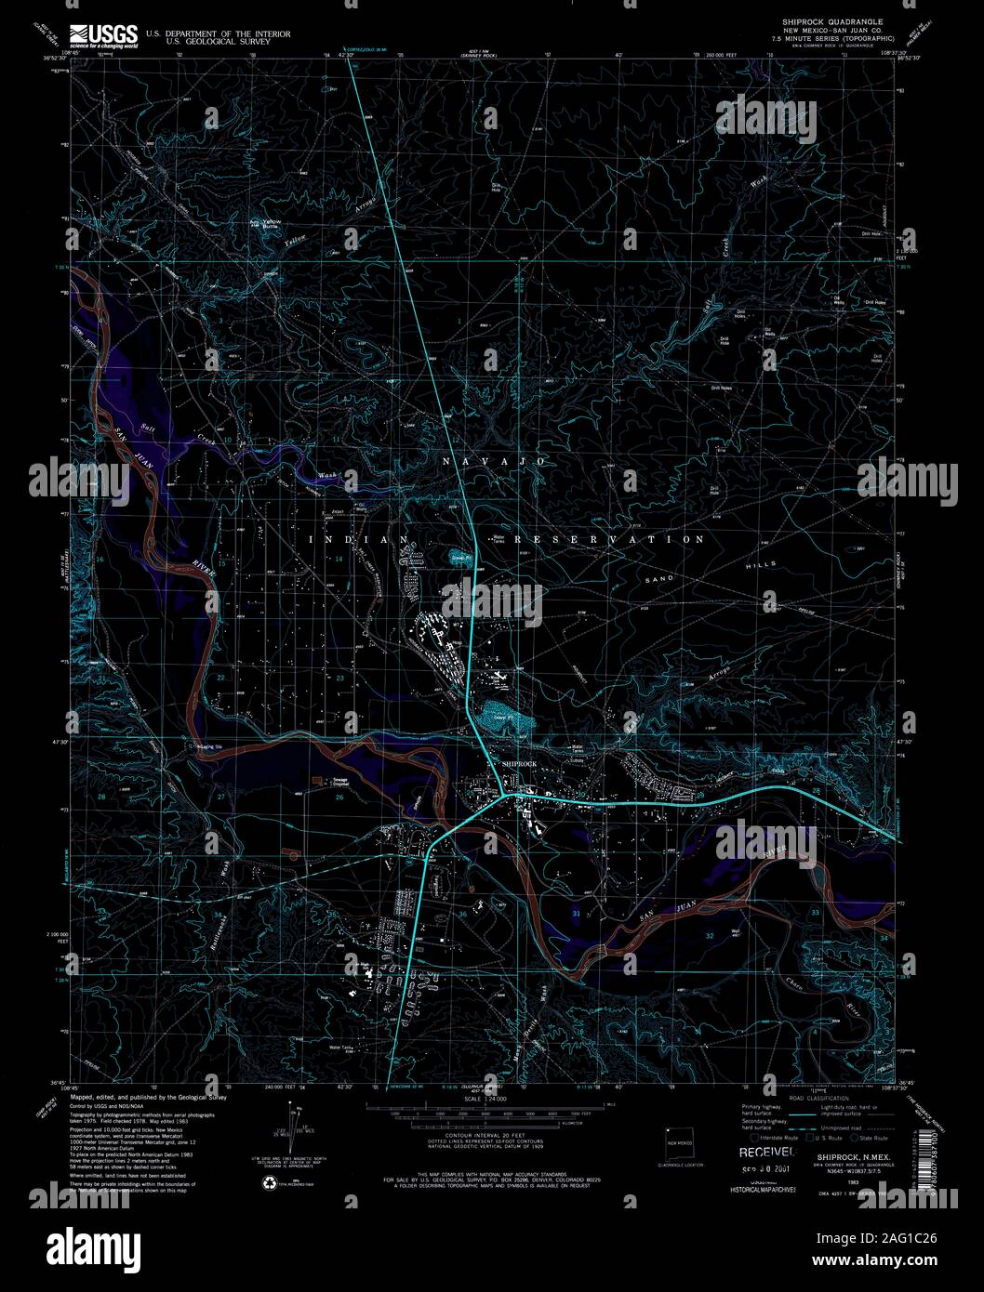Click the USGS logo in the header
[103, 34]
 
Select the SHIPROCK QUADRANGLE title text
[831, 20]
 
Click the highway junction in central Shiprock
[503, 796]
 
